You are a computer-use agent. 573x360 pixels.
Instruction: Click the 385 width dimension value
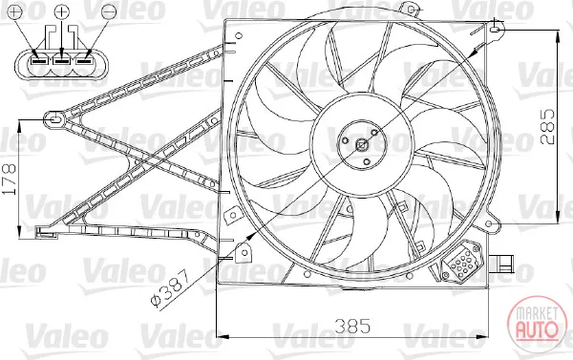352,326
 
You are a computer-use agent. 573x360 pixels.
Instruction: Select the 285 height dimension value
547,126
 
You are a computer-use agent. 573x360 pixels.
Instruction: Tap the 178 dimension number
10,179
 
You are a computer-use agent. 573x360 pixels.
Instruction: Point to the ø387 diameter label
170,288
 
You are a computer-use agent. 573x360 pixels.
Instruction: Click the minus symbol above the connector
109,12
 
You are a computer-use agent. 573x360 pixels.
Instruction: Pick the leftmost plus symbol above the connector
15,12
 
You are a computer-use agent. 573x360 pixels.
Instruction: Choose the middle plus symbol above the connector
62,12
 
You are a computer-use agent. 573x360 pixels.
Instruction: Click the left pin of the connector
39,61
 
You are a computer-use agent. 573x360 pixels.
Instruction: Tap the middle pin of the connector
61,61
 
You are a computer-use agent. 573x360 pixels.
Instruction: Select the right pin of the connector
83,61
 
